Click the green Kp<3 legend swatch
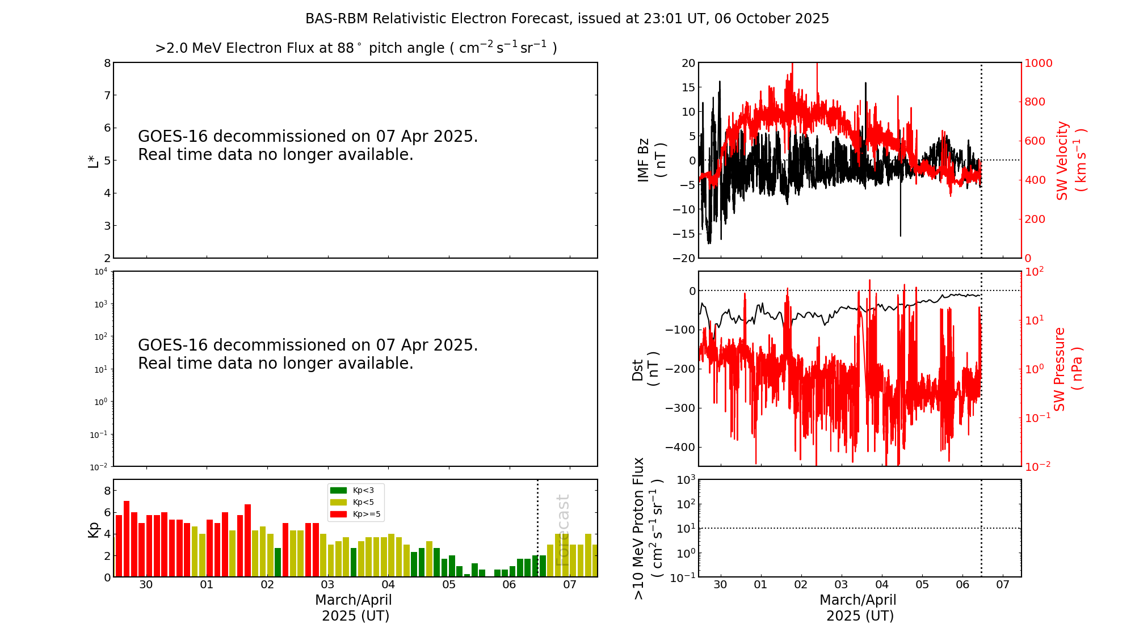[338, 490]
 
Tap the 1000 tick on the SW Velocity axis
[1038, 63]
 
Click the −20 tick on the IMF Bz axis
[683, 258]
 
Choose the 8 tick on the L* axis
[107, 63]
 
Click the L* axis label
[93, 161]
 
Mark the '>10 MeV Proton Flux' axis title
[647, 529]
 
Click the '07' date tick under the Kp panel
[569, 585]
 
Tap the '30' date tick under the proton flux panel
[720, 585]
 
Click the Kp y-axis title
[93, 529]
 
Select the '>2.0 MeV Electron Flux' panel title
[356, 48]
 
